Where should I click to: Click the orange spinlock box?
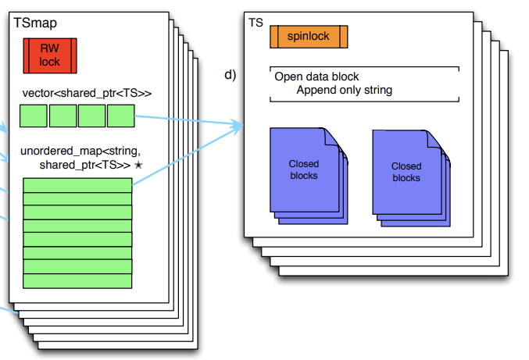coord(309,37)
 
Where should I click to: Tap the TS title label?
coord(256,23)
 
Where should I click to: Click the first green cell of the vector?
coord(33,116)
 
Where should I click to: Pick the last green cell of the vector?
coord(121,116)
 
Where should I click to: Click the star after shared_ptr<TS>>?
coord(138,166)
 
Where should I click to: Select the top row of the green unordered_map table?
coord(77,184)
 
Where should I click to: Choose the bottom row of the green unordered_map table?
coord(77,280)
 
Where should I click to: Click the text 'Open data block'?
coord(316,77)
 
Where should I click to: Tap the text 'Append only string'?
coord(345,90)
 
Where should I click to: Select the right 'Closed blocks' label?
coord(406,172)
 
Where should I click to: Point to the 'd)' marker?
coord(230,76)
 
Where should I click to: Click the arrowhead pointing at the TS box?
coord(238,125)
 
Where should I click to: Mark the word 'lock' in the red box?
coord(49,62)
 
